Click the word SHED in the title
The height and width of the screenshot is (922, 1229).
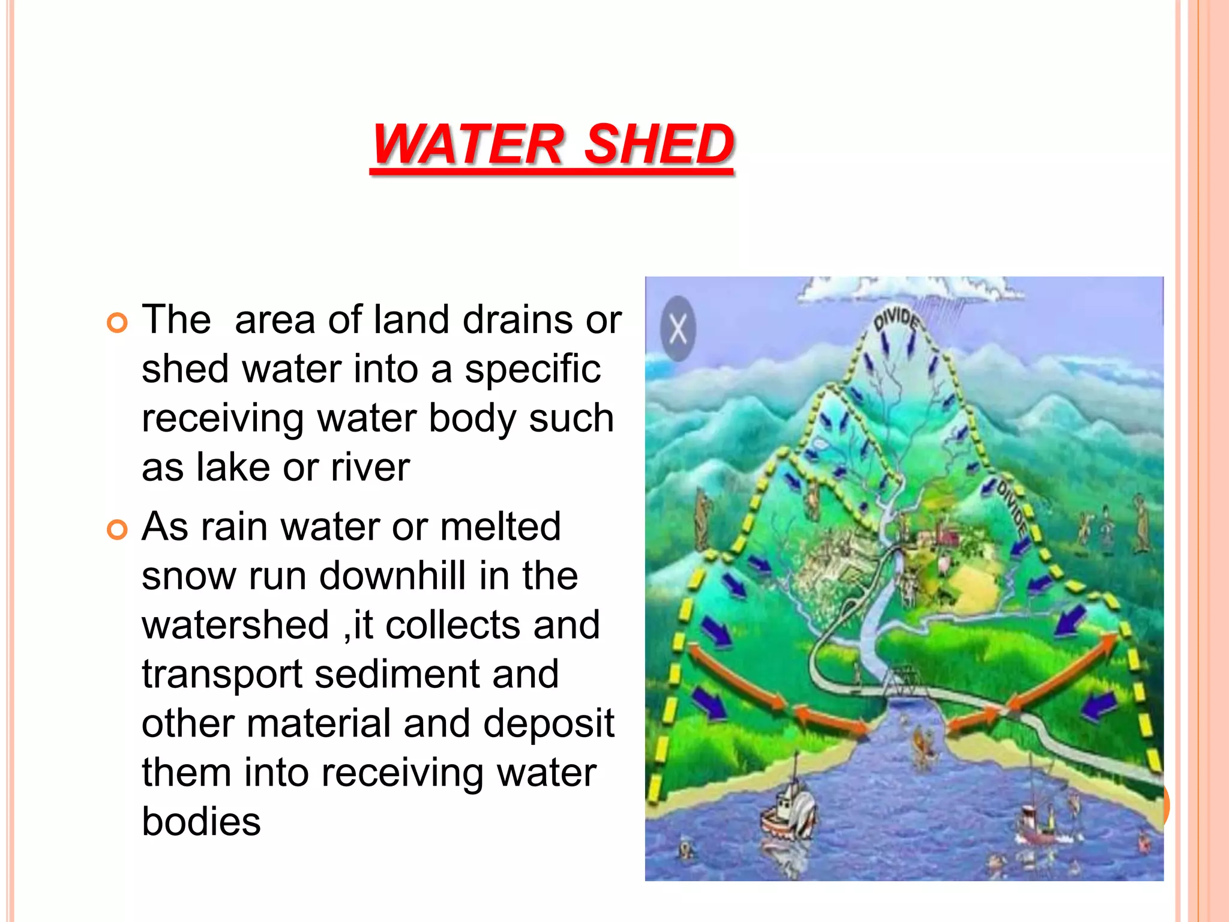tap(658, 144)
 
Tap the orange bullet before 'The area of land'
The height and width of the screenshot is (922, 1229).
tap(118, 323)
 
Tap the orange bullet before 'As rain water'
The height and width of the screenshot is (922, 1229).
tap(118, 530)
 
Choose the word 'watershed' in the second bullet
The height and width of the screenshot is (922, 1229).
tap(235, 625)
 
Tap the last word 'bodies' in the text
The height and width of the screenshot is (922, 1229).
tap(201, 822)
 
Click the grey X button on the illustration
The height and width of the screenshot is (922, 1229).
tap(678, 329)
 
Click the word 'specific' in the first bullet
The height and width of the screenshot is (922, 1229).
tap(532, 369)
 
